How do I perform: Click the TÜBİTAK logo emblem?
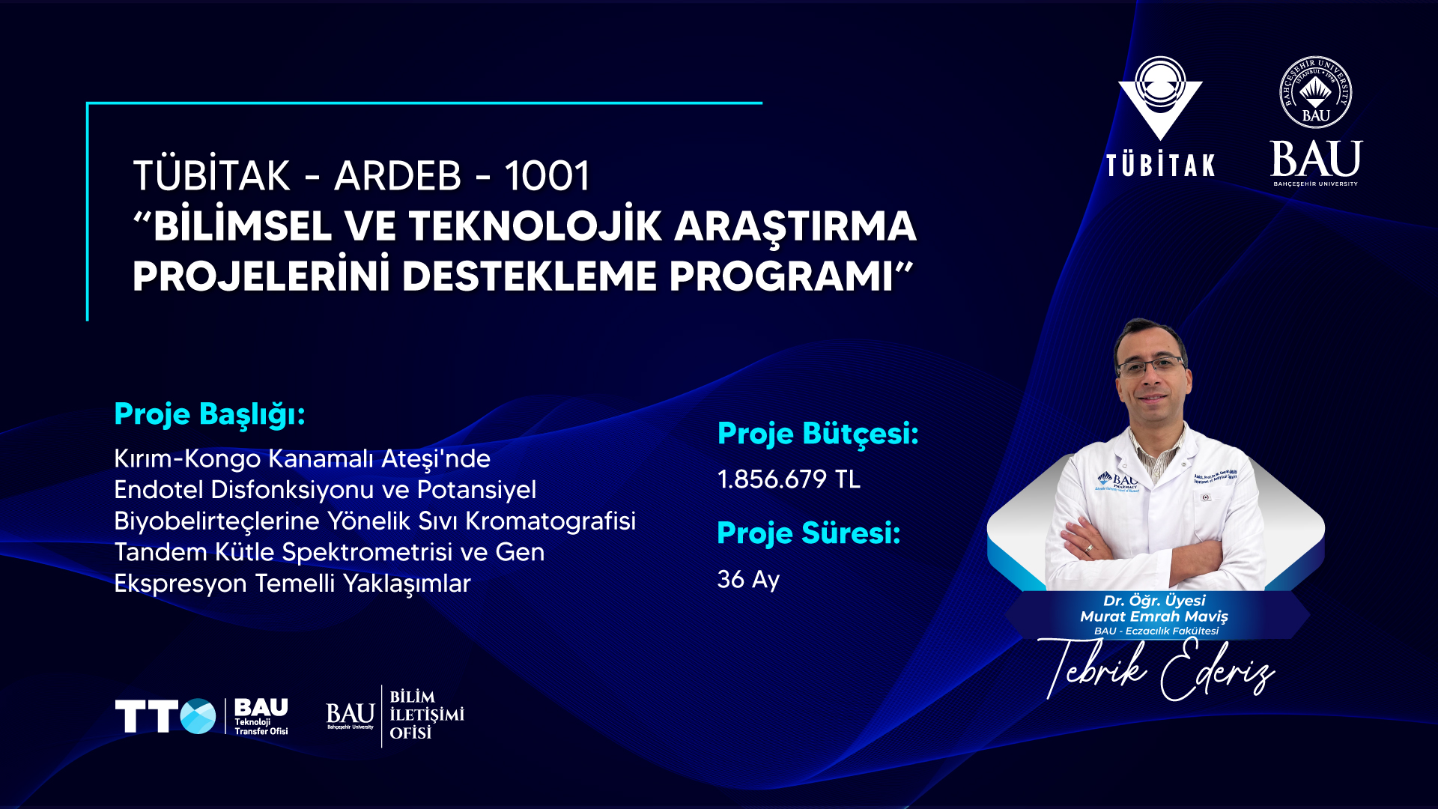click(x=1160, y=98)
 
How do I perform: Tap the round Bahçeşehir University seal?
click(x=1316, y=92)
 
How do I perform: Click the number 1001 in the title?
click(x=547, y=176)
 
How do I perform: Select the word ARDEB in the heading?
click(x=398, y=176)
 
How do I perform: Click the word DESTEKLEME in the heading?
click(x=531, y=276)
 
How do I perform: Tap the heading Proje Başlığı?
click(x=210, y=415)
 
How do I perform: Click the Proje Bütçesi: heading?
click(x=818, y=434)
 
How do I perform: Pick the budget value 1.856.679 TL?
click(x=789, y=479)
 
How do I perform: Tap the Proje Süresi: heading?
click(x=809, y=533)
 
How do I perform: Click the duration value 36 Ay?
click(x=748, y=580)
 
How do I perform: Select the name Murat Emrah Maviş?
click(x=1154, y=616)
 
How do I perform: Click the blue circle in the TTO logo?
click(x=198, y=716)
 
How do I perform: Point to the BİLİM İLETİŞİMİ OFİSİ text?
click(x=427, y=715)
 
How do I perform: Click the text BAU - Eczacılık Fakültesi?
click(x=1156, y=631)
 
